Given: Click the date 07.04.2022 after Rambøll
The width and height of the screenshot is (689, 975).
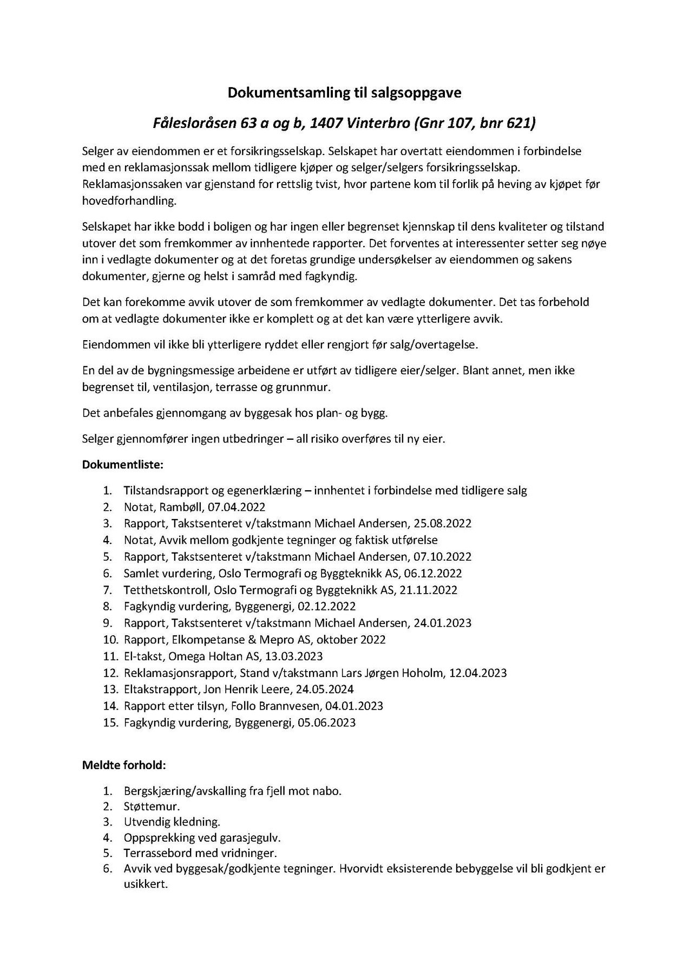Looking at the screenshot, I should [239, 507].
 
